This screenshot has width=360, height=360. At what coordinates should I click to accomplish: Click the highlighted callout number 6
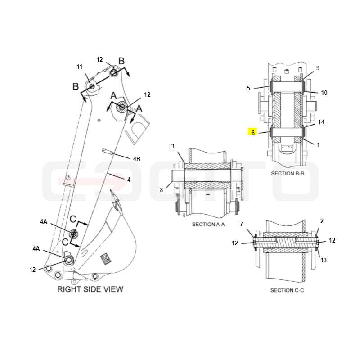click(253, 133)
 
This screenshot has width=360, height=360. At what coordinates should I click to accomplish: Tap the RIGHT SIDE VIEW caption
click(90, 289)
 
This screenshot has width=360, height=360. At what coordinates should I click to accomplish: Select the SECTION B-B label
click(288, 174)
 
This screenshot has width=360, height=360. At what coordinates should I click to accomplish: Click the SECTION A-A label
click(208, 224)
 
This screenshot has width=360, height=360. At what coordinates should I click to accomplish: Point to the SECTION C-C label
click(287, 290)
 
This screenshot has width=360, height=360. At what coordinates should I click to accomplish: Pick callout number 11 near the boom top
click(80, 67)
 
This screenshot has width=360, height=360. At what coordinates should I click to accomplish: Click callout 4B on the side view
click(137, 159)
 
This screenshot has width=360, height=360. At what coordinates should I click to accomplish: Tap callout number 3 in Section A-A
click(173, 146)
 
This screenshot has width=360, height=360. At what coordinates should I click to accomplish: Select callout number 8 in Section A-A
click(162, 190)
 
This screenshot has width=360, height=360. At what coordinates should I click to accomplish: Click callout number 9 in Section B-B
click(318, 68)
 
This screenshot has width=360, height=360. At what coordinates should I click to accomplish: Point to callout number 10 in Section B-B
click(324, 93)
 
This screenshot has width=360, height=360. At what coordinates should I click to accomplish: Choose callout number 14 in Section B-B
click(321, 122)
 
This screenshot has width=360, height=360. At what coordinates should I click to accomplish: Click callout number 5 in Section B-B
click(248, 88)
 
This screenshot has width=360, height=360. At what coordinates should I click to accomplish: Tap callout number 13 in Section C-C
click(324, 260)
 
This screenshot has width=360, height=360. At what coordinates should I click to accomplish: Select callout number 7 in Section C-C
click(241, 224)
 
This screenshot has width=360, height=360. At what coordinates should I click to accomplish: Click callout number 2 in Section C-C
click(322, 221)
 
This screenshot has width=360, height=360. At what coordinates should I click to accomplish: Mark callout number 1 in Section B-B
click(318, 145)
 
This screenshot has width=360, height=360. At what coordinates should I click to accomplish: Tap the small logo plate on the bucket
click(106, 258)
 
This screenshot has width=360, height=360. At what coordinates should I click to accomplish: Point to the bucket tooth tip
click(111, 190)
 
